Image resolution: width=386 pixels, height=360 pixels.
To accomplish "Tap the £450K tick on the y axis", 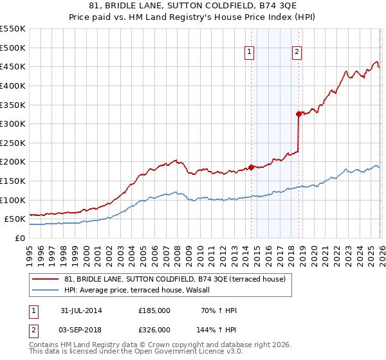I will coord(13,67).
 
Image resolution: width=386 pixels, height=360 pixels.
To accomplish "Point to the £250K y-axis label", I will coord(13,143).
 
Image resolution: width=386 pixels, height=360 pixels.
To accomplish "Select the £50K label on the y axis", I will coord(15,219).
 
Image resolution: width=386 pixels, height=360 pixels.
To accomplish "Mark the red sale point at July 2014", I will coord(251,167).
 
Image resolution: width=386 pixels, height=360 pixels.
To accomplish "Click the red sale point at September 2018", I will coord(299,114).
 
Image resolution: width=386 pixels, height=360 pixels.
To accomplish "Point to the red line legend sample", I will coord(46,278).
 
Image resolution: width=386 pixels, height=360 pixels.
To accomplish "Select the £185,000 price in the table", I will coord(154,310).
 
